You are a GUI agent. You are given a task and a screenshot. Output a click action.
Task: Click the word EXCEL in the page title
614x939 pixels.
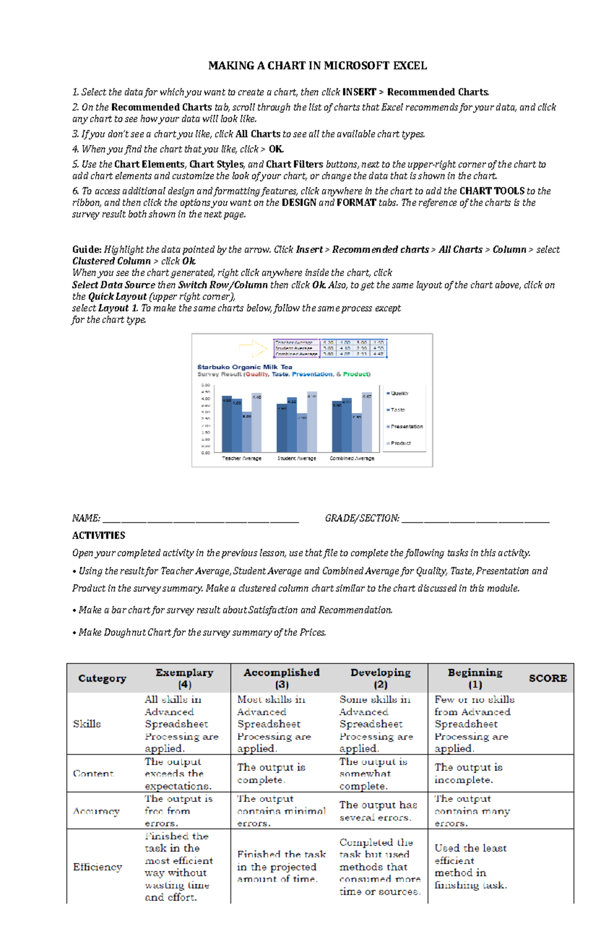(410, 65)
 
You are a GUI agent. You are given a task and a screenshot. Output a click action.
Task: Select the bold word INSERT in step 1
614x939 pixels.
(359, 92)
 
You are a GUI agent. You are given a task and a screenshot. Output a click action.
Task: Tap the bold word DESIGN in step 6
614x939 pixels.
(299, 203)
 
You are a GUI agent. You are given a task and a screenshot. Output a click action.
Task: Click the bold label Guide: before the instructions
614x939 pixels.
(86, 250)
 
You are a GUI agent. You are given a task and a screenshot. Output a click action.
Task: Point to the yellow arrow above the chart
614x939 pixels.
(253, 348)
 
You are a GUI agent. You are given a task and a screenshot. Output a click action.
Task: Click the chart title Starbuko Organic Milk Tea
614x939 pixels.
(245, 367)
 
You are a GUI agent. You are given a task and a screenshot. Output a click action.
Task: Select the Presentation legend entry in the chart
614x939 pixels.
(406, 426)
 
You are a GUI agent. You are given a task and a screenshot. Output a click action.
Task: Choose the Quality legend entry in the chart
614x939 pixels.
(399, 394)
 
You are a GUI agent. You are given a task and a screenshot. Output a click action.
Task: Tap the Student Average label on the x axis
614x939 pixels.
(297, 458)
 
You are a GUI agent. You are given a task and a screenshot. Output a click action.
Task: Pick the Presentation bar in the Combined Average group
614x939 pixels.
(357, 432)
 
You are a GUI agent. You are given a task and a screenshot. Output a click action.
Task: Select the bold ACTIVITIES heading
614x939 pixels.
(99, 535)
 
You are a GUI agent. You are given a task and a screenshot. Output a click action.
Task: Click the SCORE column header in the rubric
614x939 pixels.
(547, 679)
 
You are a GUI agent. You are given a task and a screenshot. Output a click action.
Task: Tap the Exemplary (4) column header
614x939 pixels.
(184, 679)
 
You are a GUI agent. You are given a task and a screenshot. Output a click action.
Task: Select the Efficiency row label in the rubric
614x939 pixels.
(97, 867)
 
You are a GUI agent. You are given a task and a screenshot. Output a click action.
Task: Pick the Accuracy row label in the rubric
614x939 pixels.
(96, 811)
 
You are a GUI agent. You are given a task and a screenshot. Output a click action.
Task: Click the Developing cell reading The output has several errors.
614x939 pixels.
(378, 811)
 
